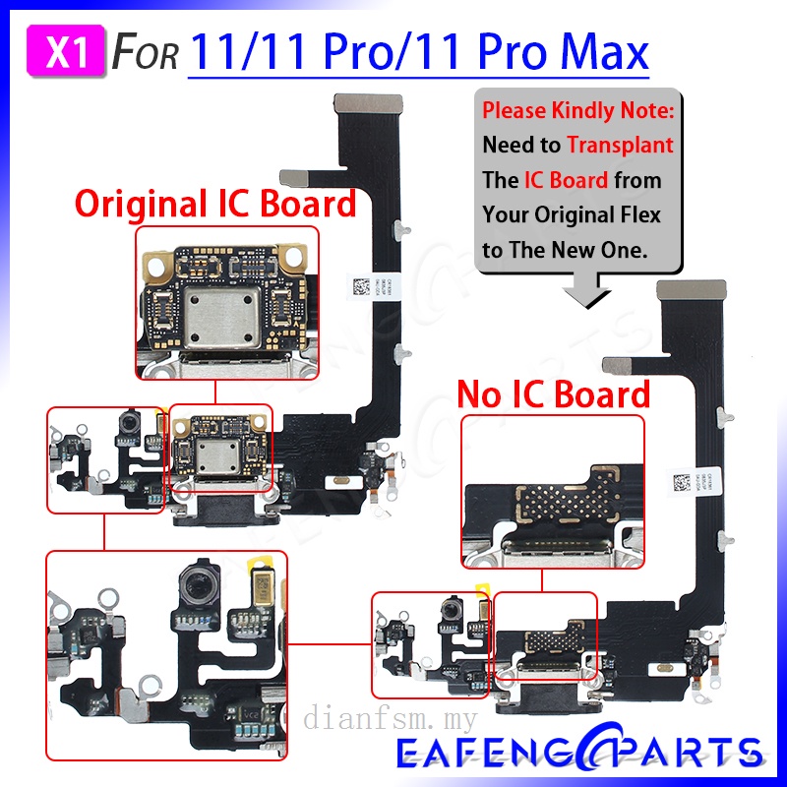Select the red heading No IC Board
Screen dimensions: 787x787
(554, 393)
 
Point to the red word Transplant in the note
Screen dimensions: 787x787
(620, 145)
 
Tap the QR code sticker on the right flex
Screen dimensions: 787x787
(681, 482)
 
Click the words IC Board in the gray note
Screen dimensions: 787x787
(565, 180)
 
